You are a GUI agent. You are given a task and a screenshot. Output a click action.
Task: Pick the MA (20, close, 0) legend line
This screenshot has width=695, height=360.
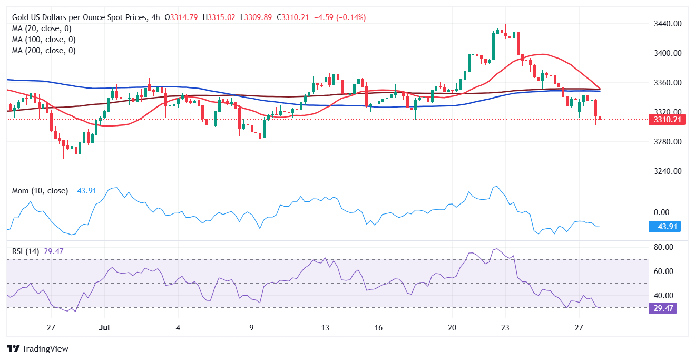pyautogui.click(x=42, y=28)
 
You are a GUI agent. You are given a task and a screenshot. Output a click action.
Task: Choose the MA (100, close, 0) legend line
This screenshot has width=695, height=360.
pyautogui.click(x=44, y=40)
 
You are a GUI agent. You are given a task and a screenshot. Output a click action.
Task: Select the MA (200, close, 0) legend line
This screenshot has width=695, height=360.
pyautogui.click(x=44, y=51)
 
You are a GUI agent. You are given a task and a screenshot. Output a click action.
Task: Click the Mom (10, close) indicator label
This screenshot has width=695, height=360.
pyautogui.click(x=40, y=191)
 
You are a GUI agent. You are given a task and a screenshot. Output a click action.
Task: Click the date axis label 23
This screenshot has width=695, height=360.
pyautogui.click(x=505, y=327)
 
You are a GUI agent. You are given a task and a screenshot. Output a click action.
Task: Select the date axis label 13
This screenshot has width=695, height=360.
pyautogui.click(x=326, y=327)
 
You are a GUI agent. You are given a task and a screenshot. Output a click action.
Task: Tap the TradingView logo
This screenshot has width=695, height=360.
pyautogui.click(x=37, y=348)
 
